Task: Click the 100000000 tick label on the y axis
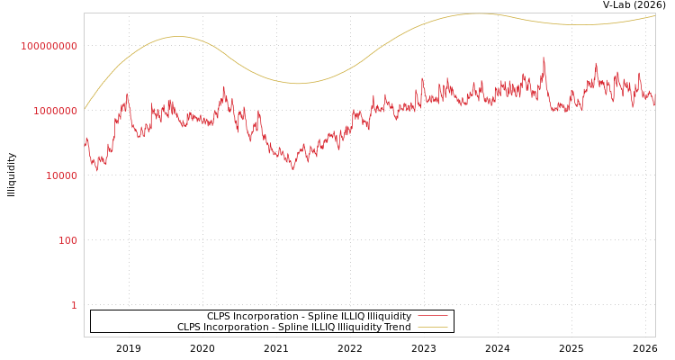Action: click(49, 46)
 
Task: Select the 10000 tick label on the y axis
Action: click(61, 175)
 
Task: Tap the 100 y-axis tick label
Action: click(67, 240)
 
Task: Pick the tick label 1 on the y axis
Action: click(74, 305)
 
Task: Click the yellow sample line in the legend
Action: click(432, 328)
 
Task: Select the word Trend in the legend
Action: click(397, 328)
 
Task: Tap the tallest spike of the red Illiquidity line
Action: click(544, 58)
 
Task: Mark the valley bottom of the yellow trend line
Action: click(298, 84)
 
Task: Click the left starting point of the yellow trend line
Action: click(85, 108)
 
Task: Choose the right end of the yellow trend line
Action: click(655, 15)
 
